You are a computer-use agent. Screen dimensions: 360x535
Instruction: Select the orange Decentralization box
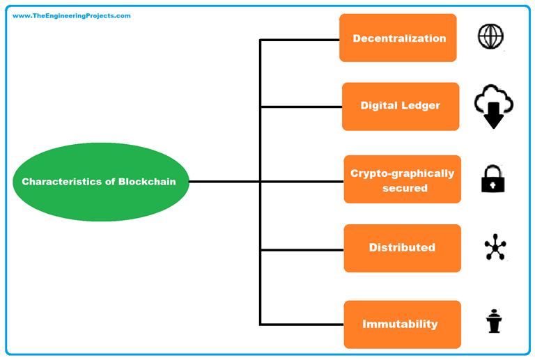coord(398,38)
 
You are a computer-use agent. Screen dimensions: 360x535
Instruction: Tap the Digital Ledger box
coord(401,107)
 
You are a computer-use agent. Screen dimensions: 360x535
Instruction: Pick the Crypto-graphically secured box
coord(402,180)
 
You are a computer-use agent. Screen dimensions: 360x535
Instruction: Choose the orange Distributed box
coord(402,248)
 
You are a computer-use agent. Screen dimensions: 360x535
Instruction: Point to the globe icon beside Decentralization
coord(490,36)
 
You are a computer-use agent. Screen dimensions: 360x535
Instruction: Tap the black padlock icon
coord(493,179)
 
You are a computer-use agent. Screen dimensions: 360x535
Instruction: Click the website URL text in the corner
coord(72,16)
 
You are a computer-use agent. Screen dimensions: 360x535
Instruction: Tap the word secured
coord(405,188)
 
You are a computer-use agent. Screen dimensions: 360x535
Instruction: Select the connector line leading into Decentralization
coord(300,40)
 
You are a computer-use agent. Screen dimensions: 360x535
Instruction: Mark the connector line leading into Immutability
coord(302,324)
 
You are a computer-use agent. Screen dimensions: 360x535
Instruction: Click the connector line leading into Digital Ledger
coord(301,107)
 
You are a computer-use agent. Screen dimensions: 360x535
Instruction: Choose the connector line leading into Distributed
coord(302,249)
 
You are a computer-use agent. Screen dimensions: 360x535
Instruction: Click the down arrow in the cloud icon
coord(493,116)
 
